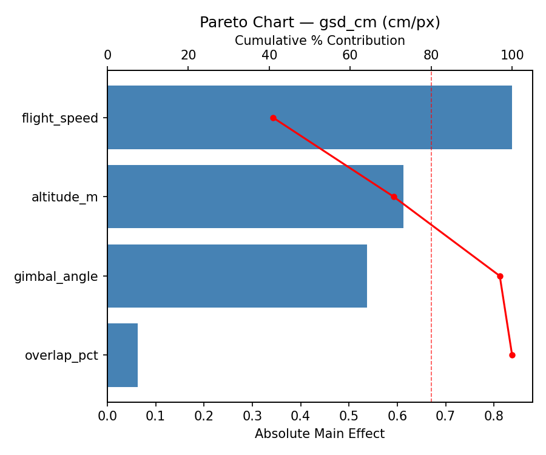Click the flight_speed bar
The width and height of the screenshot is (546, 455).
(309, 117)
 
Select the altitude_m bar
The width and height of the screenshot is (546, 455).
(255, 197)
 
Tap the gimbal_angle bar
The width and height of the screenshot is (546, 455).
(237, 276)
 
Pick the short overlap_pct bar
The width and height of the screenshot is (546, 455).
(123, 355)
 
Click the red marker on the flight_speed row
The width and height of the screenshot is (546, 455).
(273, 118)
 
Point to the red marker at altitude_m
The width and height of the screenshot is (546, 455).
(394, 197)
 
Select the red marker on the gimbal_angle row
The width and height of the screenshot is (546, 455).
(500, 276)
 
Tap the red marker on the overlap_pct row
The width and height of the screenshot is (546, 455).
(512, 355)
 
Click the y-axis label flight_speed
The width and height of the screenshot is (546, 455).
(59, 118)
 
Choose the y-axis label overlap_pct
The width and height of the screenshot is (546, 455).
(61, 356)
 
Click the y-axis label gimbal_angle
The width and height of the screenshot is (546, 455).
(56, 277)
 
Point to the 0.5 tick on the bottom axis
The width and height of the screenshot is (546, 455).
(349, 417)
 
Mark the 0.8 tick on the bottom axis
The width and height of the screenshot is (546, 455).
(494, 417)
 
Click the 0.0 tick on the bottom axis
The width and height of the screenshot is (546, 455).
(107, 417)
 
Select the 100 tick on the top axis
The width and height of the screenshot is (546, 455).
(512, 55)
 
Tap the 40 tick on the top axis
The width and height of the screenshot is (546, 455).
(269, 55)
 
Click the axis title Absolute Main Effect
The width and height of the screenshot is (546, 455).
(320, 434)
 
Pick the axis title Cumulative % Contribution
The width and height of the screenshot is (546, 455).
(320, 41)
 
